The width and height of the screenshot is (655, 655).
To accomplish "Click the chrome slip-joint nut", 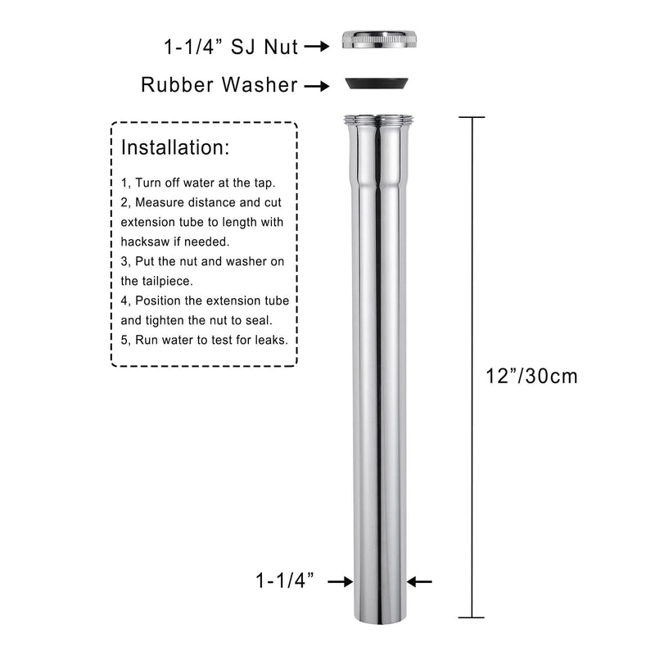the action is (x=380, y=38).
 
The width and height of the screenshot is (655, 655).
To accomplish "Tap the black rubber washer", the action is (x=377, y=84).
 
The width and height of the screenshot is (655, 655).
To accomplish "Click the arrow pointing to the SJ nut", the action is (x=317, y=46).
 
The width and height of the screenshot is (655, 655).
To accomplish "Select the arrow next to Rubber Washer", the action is (x=317, y=86).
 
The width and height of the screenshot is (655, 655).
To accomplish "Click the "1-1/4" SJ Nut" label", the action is (x=231, y=47).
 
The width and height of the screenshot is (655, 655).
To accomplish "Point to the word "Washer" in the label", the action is (x=260, y=85).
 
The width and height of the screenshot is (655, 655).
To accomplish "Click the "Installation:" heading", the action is (x=175, y=147).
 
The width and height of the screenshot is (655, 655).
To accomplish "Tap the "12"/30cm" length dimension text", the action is (x=531, y=376).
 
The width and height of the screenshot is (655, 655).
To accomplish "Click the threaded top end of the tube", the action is (x=378, y=120).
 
